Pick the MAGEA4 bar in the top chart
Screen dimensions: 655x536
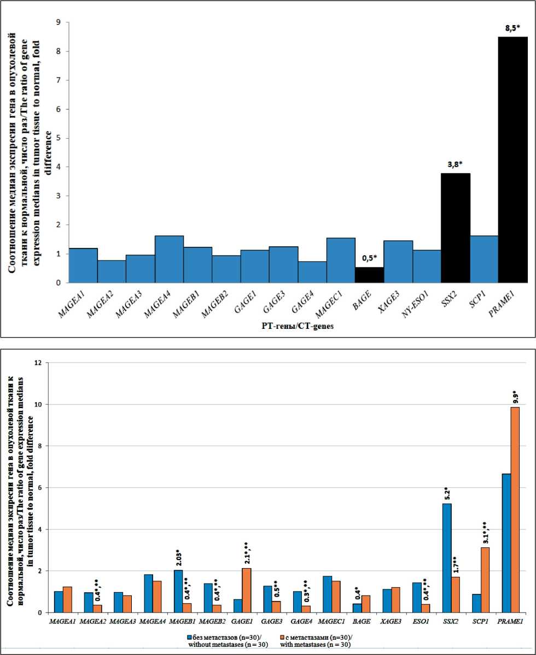point(169,259)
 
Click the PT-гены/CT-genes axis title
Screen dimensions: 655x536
point(296,327)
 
